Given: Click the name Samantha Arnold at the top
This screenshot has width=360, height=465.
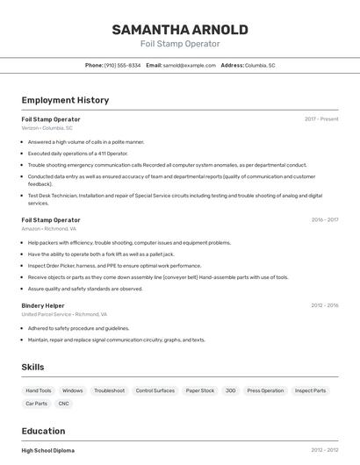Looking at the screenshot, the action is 180,30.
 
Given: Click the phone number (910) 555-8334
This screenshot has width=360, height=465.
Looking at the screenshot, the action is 122,65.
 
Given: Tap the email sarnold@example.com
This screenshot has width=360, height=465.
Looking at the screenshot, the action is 189,65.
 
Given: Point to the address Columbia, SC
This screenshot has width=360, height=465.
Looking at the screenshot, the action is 260,65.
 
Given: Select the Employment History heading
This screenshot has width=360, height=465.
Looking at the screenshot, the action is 65,100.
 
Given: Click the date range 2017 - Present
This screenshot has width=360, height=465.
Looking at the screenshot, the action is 321,119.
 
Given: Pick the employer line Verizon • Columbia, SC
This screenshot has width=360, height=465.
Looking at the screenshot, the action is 47,128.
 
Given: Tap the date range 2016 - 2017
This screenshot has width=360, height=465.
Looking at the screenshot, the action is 325,220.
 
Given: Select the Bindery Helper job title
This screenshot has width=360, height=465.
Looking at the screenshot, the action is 43,305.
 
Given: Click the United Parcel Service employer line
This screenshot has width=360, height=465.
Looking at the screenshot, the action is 64,314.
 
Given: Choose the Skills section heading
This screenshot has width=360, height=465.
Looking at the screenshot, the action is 32,367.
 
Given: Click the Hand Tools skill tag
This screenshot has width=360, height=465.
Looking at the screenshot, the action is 39,390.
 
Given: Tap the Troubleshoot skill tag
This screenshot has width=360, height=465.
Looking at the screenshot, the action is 109,390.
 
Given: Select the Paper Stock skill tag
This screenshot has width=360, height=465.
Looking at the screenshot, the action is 200,390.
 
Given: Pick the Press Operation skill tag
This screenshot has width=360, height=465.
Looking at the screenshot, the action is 265,390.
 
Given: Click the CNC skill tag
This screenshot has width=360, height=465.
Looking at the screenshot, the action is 63,404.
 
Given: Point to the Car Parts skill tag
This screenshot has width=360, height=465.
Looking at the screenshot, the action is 36,404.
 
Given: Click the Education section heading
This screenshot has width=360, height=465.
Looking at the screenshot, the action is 43,431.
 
